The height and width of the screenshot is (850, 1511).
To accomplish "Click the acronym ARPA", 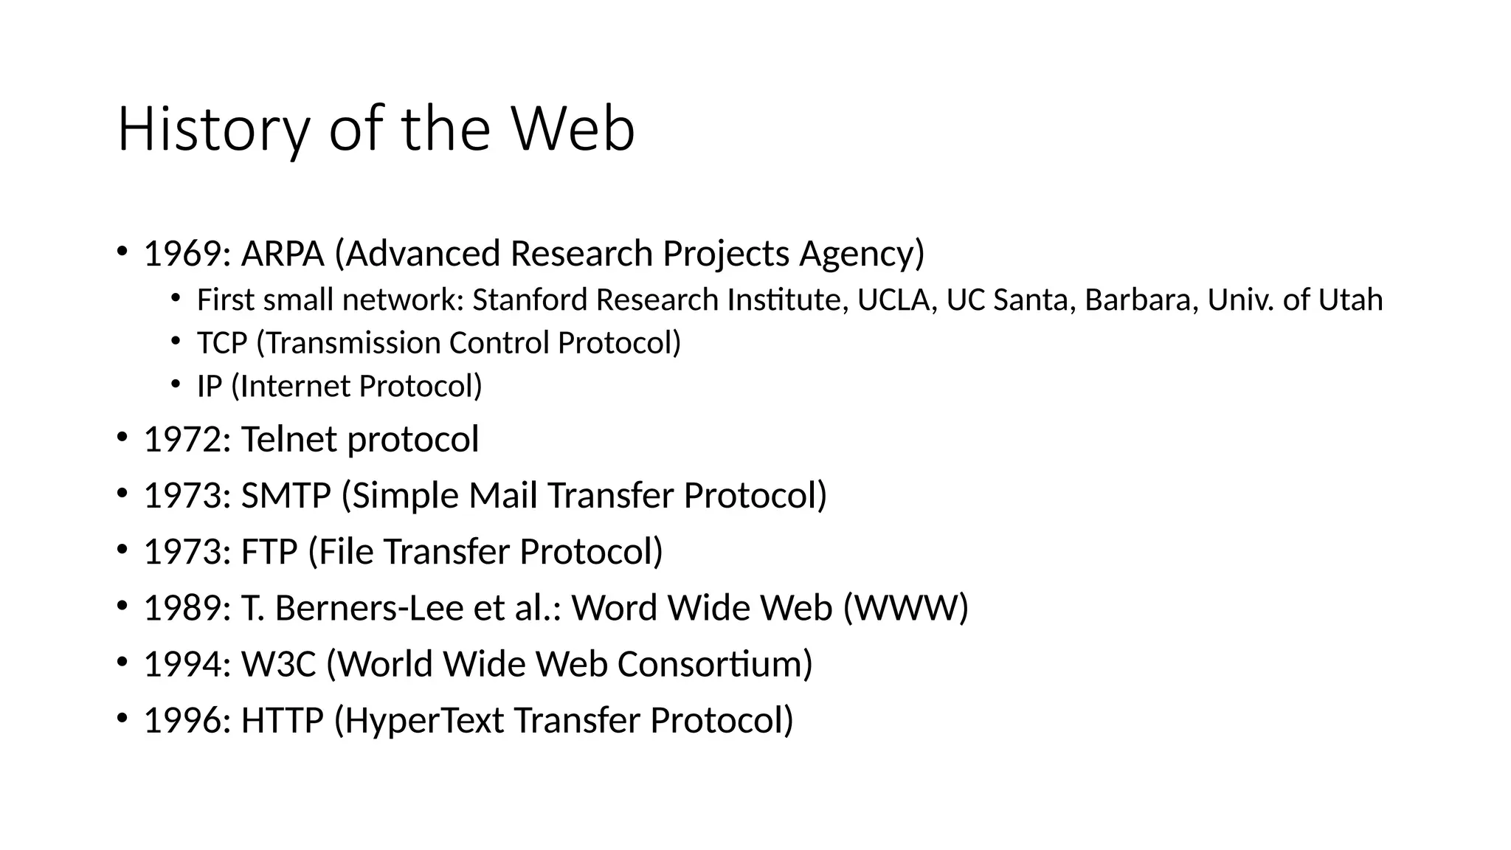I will pos(283,254).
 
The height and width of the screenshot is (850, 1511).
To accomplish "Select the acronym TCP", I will pos(221,343).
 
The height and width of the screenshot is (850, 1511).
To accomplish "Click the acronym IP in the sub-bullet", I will pos(209,386).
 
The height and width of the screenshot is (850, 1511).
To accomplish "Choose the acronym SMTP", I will pos(286,496).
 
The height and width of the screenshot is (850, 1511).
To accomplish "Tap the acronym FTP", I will pos(269,552).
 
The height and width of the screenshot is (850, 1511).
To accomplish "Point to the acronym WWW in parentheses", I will pos(905,609).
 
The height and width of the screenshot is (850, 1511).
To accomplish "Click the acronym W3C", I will pos(278,665).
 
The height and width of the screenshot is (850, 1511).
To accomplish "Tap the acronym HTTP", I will pos(282,721).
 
